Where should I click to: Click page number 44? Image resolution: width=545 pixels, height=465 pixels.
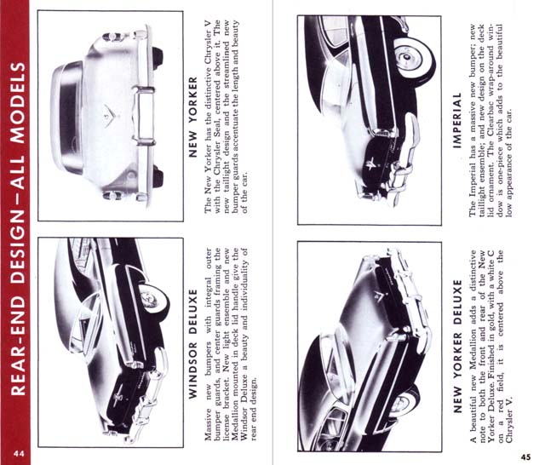(x=19, y=454)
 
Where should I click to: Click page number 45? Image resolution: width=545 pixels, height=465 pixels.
(x=526, y=456)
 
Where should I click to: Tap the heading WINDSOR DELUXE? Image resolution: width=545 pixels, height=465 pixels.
(x=192, y=344)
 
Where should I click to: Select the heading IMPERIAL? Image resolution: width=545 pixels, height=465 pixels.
(x=457, y=121)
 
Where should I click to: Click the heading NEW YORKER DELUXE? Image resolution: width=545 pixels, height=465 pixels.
(x=458, y=347)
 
